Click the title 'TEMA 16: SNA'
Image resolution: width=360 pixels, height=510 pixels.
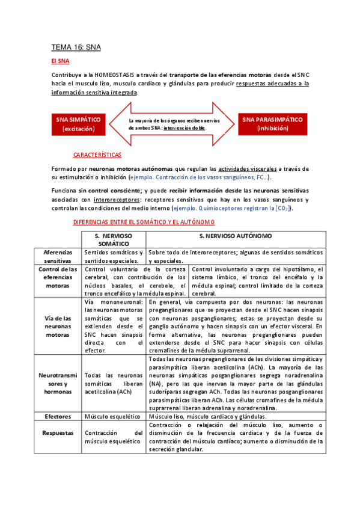tap(76, 46)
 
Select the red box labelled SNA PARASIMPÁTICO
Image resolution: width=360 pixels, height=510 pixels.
tap(273, 124)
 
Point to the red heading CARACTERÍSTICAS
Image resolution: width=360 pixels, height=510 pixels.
tap(97, 155)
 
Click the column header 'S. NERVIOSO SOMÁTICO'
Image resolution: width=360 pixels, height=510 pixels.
tap(114, 239)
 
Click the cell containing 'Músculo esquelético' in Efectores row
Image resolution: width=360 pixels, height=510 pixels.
tap(113, 416)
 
